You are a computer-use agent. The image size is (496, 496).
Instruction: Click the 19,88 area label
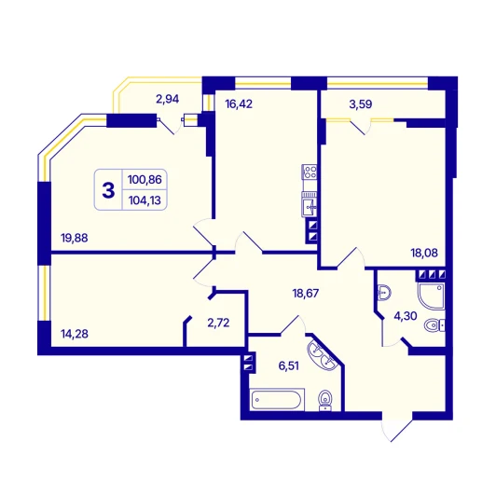(x=75, y=238)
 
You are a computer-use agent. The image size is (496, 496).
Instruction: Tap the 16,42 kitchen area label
(x=239, y=103)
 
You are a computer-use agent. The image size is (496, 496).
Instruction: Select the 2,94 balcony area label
(x=167, y=99)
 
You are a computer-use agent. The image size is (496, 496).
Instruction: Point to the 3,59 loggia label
(x=361, y=104)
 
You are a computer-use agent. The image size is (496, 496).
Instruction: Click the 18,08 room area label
(x=424, y=253)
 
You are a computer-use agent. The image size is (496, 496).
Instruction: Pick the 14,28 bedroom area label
(x=75, y=334)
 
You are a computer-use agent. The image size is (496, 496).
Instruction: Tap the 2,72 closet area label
(x=218, y=323)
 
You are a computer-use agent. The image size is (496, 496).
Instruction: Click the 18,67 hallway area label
(x=306, y=294)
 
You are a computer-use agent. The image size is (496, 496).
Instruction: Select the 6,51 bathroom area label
(x=288, y=366)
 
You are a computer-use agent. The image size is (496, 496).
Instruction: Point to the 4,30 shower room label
(x=406, y=316)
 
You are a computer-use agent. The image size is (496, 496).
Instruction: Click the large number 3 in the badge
(x=108, y=190)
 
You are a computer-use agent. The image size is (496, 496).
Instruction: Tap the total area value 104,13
(x=145, y=200)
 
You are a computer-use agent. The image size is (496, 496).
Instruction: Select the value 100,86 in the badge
(x=145, y=180)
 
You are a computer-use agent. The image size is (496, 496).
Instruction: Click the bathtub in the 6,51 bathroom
(x=277, y=400)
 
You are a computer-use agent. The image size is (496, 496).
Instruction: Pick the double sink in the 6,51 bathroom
(x=323, y=356)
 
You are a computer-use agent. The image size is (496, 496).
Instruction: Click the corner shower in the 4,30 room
(x=432, y=296)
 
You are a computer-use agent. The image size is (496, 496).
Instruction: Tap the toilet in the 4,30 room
(x=434, y=325)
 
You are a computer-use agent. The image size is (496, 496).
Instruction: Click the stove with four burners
(x=309, y=172)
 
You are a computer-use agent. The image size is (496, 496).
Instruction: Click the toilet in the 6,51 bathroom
(x=325, y=400)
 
